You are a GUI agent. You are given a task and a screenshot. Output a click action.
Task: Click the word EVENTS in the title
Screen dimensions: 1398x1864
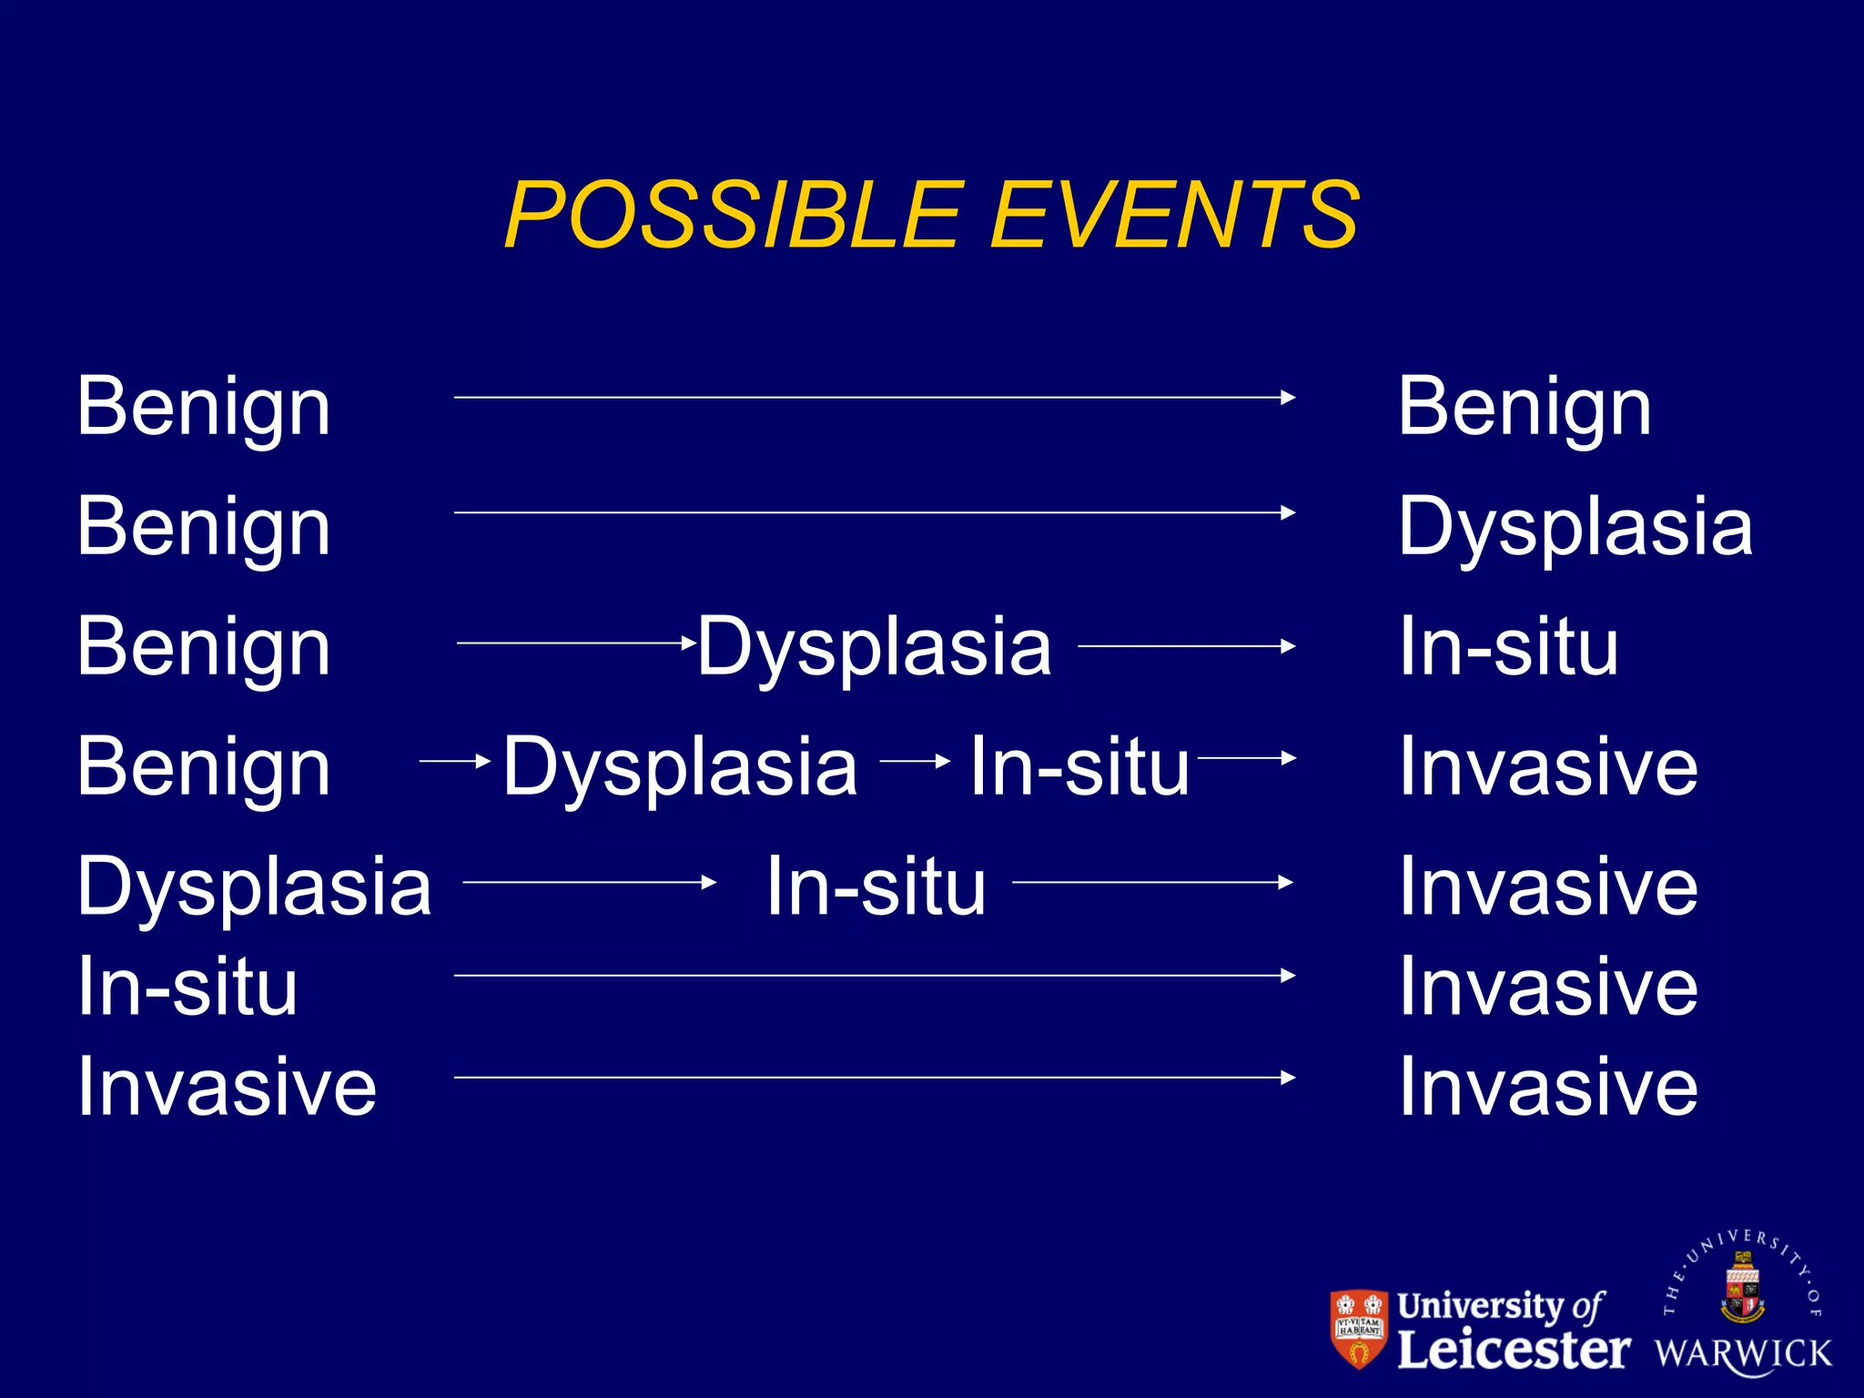tap(1174, 215)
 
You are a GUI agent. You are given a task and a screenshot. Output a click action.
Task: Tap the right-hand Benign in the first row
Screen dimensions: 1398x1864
tap(1525, 407)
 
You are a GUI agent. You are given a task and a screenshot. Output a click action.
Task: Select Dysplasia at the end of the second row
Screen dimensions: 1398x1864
tap(1575, 527)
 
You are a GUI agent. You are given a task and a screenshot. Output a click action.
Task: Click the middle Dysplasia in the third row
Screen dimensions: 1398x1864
tap(875, 647)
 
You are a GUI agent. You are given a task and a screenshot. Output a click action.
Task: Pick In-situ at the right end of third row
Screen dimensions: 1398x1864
tap(1508, 647)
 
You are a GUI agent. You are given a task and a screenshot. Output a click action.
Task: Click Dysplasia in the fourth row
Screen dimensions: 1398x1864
tap(680, 767)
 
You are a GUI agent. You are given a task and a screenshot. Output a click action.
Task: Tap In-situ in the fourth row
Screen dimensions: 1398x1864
tap(1079, 767)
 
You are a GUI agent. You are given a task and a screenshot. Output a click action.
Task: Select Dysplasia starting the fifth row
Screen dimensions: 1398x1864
tap(254, 887)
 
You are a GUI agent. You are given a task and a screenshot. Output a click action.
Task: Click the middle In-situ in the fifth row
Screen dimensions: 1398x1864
tap(876, 887)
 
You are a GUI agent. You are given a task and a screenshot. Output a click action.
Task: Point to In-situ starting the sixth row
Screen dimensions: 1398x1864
tap(187, 987)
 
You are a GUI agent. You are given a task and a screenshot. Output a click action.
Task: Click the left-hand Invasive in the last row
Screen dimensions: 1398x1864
tap(227, 1087)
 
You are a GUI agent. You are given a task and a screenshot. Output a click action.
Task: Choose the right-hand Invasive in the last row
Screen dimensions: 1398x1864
tap(1548, 1087)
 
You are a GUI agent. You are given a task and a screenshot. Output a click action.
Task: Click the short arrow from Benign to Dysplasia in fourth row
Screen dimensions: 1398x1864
tap(455, 760)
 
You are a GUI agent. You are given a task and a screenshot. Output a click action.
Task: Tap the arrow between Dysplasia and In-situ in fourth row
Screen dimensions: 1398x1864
tap(915, 760)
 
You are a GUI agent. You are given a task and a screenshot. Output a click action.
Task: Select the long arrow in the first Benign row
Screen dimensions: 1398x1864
tap(874, 398)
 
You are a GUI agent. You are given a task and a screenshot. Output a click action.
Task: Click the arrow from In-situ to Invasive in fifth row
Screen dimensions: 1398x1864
tap(1152, 882)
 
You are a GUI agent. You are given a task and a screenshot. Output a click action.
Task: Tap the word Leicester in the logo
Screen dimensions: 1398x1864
tap(1513, 1350)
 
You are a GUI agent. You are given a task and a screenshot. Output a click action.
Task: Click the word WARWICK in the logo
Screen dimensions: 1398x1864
tap(1743, 1353)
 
